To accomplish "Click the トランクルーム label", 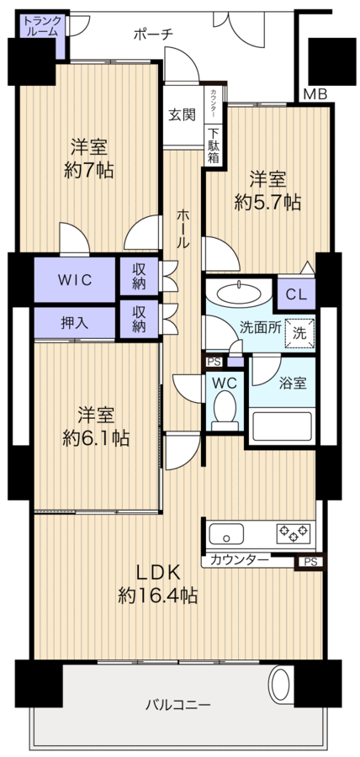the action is click(42, 26).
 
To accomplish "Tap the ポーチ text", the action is click(153, 34).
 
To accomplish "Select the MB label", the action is click(315, 94).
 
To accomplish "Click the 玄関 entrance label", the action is click(182, 115).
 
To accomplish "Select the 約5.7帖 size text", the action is click(267, 202).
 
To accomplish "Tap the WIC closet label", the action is click(75, 280).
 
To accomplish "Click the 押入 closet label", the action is click(75, 323).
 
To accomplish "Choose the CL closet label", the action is click(296, 295).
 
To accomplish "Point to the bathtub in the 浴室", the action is click(282, 426).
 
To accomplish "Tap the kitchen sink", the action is click(226, 534).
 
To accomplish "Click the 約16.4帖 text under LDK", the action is click(158, 596).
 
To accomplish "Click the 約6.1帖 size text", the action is click(96, 438).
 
